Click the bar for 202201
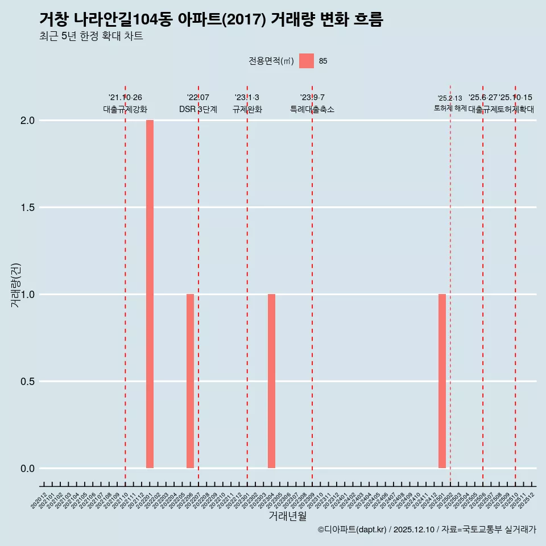150,294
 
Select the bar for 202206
190,381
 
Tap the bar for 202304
271,381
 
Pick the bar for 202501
442,381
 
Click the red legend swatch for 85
307,61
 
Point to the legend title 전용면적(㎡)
271,61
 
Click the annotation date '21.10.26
125,98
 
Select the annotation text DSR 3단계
198,109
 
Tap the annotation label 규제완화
247,109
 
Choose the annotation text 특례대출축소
312,109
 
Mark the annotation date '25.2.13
450,98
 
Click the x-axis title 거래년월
288,516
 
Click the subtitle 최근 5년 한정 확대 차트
91,36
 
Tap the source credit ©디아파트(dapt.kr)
352,530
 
